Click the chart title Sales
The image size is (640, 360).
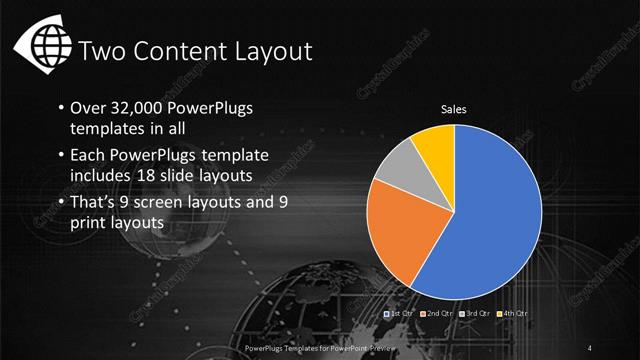pyautogui.click(x=455, y=110)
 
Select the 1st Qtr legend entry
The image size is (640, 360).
pyautogui.click(x=401, y=314)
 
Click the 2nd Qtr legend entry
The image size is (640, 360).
pyautogui.click(x=436, y=314)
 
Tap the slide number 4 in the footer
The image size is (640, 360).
pyautogui.click(x=592, y=347)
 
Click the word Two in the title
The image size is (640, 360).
pyautogui.click(x=101, y=50)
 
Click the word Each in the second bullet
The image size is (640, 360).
pyautogui.click(x=88, y=155)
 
